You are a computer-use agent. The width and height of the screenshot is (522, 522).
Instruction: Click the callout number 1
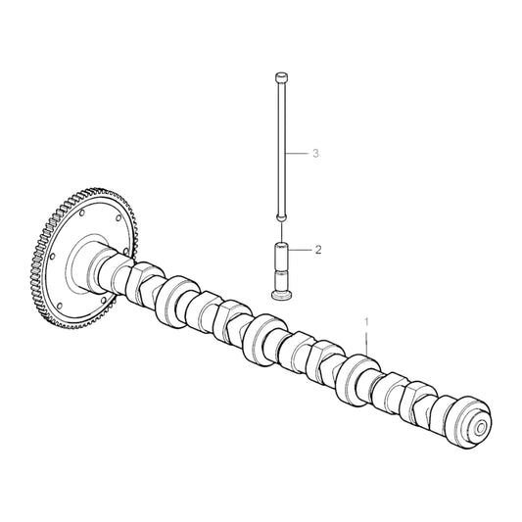[x=368, y=320]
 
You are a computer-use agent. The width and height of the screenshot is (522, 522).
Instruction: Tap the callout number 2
[x=318, y=251]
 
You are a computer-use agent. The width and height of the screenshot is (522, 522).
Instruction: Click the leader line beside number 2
[x=301, y=251]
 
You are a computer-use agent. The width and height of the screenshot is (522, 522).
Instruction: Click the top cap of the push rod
[x=280, y=75]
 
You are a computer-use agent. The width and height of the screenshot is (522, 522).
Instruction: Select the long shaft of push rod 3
[x=280, y=147]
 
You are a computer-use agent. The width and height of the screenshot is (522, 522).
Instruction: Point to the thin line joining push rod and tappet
[x=280, y=231]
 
